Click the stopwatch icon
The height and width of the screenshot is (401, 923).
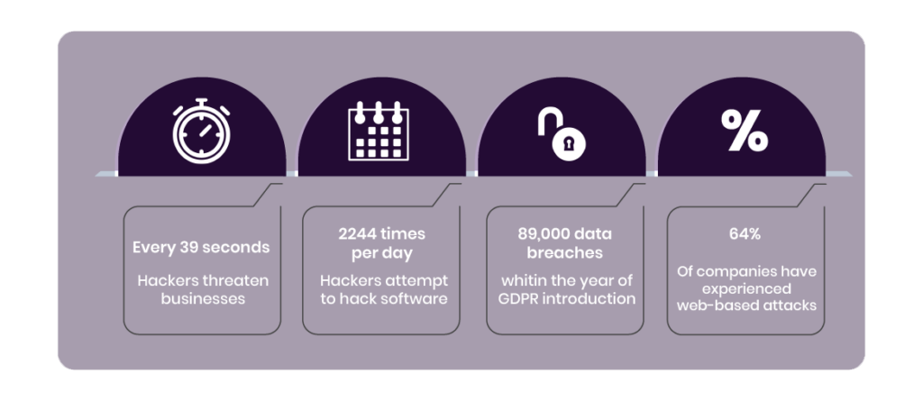coord(201,132)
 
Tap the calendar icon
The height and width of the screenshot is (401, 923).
coord(379,131)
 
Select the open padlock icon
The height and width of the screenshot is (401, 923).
coord(562,135)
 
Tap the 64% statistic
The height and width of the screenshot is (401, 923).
coord(745,233)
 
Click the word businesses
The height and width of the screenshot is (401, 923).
coord(203,298)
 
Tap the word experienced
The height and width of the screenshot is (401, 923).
coord(746,289)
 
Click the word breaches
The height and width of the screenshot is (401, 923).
coord(565,252)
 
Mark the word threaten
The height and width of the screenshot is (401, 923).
coord(239,280)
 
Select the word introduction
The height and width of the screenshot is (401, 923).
coord(589,298)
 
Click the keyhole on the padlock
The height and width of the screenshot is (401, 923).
coord(569,143)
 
